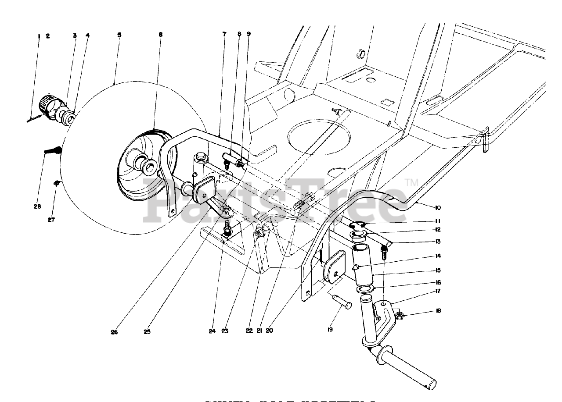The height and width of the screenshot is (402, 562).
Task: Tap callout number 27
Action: coord(51,220)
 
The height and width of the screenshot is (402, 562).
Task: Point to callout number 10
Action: coord(426,207)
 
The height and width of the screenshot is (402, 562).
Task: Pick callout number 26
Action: coord(115,331)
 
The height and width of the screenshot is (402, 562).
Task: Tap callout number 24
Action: coord(212,331)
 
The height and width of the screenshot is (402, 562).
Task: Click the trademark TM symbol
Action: coord(411,181)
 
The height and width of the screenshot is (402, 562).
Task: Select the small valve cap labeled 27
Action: coord(57,183)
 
